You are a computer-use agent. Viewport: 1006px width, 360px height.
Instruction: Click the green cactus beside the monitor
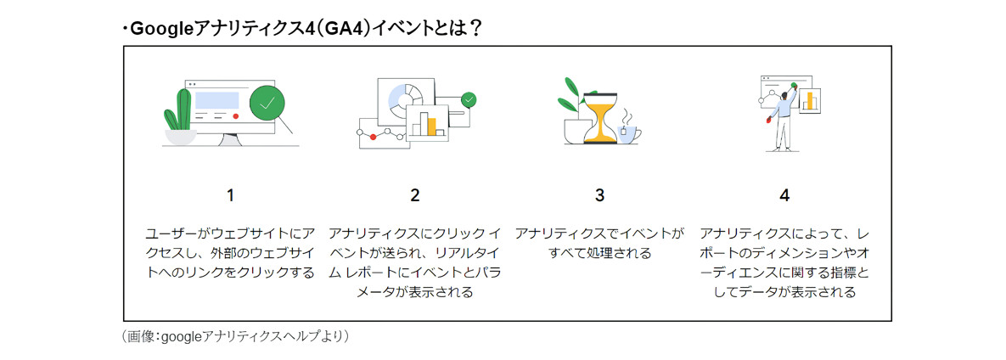180,111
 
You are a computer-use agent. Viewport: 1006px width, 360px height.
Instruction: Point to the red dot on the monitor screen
236,116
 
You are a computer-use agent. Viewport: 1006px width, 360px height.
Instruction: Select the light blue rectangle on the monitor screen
216,100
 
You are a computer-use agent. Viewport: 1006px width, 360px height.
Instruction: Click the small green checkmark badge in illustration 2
469,99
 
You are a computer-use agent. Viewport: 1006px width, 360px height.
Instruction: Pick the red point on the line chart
373,136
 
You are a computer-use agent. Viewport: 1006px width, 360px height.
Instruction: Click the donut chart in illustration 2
405,98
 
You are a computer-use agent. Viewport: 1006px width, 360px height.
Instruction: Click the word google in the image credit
181,336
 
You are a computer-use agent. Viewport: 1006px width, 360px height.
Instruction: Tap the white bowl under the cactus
180,137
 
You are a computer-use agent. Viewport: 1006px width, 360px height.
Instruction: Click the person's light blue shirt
783,107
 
